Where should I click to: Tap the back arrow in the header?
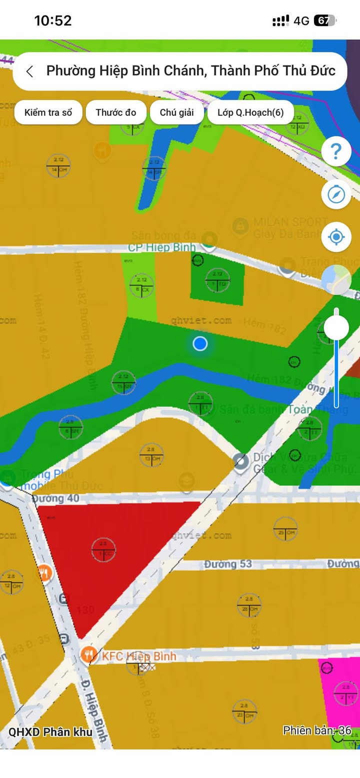(30, 71)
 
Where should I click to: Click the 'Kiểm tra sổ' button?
(48, 112)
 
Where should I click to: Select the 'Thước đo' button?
(116, 112)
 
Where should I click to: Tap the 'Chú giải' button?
(176, 112)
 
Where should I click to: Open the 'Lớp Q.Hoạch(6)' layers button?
(250, 112)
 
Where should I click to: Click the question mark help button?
(336, 151)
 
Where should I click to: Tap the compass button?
(336, 194)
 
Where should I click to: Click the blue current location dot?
(200, 343)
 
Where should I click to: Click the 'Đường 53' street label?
(227, 564)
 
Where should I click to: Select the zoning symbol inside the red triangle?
(103, 549)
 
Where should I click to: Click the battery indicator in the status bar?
(324, 20)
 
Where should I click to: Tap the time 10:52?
(53, 20)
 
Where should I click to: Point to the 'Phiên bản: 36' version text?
(317, 730)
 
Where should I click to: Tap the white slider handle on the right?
(336, 328)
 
